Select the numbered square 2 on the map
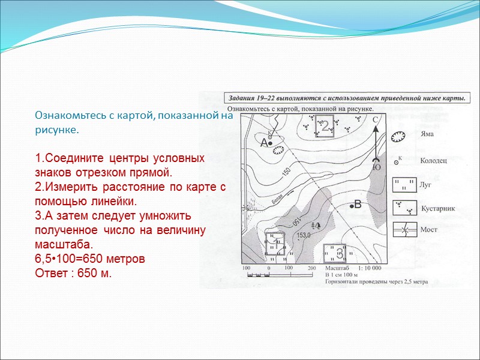[325, 127]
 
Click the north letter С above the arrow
[376, 120]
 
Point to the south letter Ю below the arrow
[376, 168]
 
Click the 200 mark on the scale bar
[311, 268]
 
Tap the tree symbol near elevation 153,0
[317, 225]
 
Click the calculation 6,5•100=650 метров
[90, 260]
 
